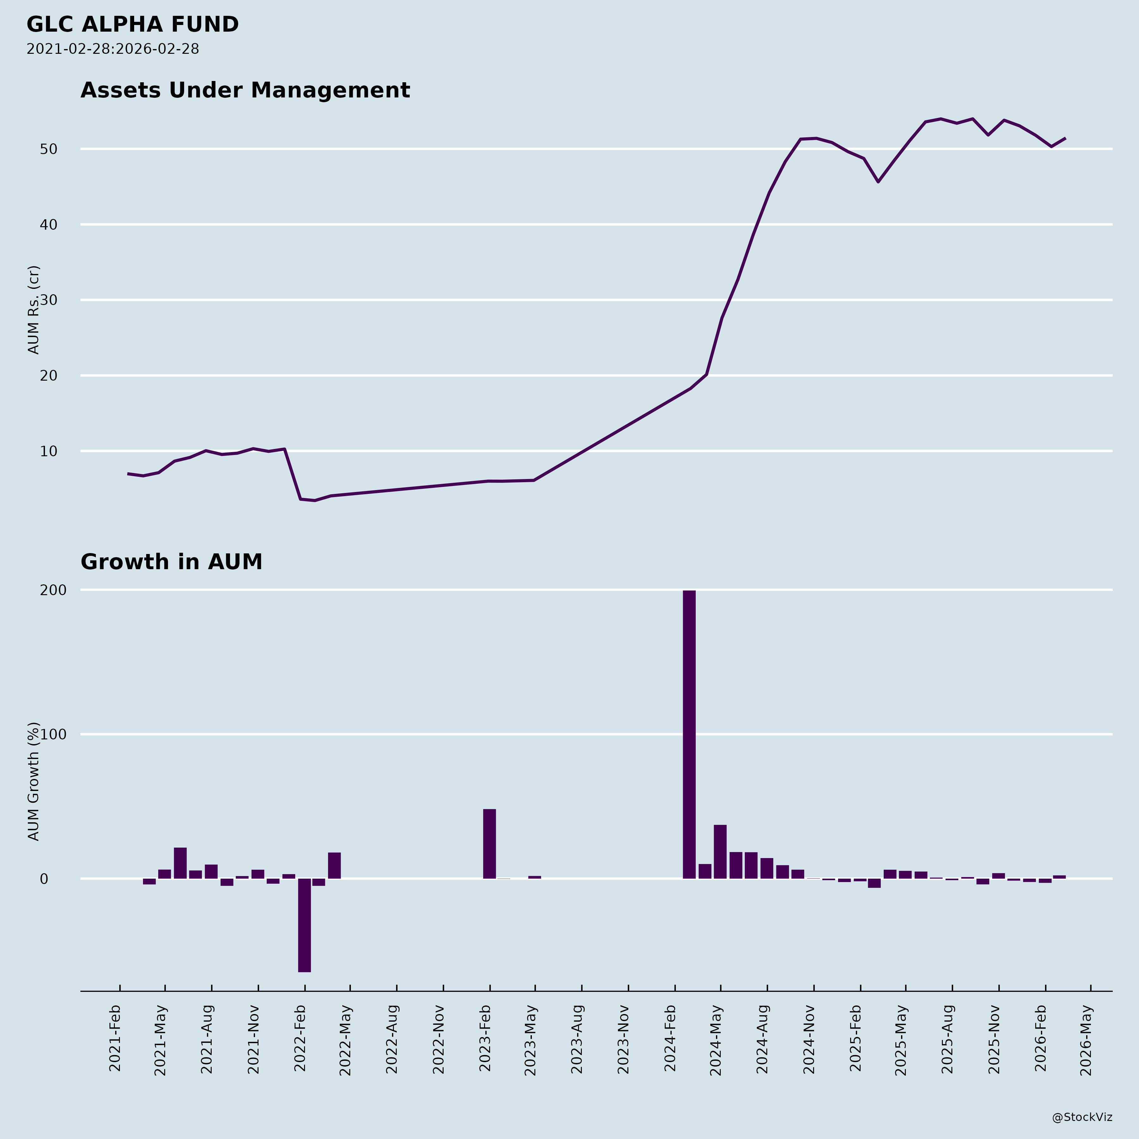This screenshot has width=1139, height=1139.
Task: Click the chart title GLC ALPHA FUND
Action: [x=133, y=25]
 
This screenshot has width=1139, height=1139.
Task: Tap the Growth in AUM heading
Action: [x=171, y=563]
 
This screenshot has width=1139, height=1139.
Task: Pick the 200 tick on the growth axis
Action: [x=53, y=590]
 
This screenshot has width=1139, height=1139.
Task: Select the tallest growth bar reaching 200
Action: [x=689, y=734]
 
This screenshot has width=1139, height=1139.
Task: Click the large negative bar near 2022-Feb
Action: [x=304, y=924]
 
